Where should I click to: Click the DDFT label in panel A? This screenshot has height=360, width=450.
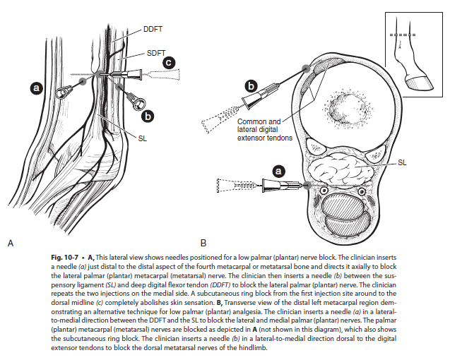153,29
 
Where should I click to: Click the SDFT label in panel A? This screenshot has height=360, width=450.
157,53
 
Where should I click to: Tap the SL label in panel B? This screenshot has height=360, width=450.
402,162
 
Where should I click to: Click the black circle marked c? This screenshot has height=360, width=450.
169,63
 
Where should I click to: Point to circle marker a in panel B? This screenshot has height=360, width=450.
278,171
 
